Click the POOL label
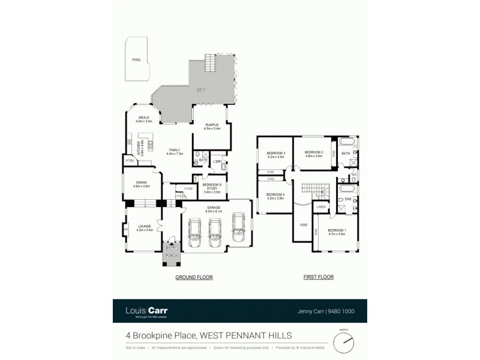pyautogui.click(x=137, y=60)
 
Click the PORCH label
pyautogui.click(x=172, y=256)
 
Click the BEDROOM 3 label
pyautogui.click(x=275, y=154)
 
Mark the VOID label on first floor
pyautogui.click(x=303, y=225)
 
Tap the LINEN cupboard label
pyautogui.click(x=321, y=207)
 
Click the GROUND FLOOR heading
pyautogui.click(x=194, y=277)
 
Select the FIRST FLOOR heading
pyautogui.click(x=318, y=277)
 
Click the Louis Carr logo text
pyautogui.click(x=146, y=310)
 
